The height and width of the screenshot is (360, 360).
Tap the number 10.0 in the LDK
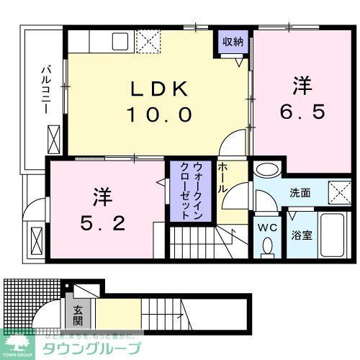click(x=160, y=114)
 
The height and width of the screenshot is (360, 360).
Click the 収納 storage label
click(x=232, y=42)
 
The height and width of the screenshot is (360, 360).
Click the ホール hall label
click(x=223, y=177)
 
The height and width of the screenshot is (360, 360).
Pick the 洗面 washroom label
click(x=300, y=193)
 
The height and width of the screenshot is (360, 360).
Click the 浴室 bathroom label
click(x=300, y=234)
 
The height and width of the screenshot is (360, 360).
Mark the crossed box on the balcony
click(x=54, y=135)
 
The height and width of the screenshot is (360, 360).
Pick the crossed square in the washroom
click(x=338, y=192)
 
